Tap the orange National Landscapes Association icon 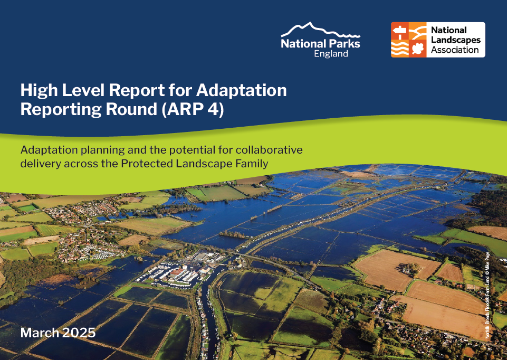click(408, 40)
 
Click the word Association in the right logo click(455, 50)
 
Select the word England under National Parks click(331, 54)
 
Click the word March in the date click(41, 333)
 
